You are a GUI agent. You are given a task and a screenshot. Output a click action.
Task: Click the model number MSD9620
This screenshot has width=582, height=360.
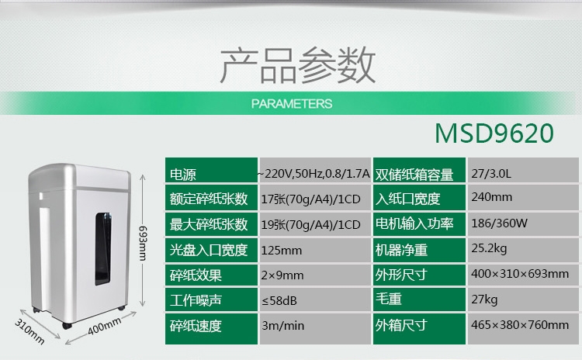point(494,133)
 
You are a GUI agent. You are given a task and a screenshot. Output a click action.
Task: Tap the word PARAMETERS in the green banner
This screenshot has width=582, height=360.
point(292,103)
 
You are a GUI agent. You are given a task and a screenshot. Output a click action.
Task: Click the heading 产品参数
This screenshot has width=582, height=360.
point(298,65)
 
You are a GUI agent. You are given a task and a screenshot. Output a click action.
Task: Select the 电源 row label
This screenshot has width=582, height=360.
point(183,175)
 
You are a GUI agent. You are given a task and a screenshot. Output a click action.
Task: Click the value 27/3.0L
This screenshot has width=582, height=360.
point(491,173)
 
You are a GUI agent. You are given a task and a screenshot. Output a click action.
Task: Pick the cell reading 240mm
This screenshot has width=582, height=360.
point(491,197)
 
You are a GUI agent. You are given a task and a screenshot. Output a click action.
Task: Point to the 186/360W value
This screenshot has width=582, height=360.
point(499,223)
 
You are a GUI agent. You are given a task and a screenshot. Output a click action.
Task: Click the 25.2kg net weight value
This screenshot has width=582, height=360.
point(489,248)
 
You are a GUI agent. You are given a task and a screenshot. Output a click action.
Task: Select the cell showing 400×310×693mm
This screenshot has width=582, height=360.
point(520,274)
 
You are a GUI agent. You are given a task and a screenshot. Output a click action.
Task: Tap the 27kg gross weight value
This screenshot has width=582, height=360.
point(484,299)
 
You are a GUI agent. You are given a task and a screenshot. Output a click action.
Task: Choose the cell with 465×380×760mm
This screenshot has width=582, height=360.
point(520,325)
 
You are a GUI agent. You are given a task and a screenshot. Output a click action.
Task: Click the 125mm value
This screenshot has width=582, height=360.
point(282,251)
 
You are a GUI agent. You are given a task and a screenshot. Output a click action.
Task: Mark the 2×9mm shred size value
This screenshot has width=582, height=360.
point(282,275)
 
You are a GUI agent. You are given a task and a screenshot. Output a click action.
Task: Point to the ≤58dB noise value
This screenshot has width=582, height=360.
point(279,300)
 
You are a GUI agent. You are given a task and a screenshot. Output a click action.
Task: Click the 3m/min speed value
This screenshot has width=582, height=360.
point(282,326)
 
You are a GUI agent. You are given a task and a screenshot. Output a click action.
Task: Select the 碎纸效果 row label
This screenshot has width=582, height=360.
point(196,275)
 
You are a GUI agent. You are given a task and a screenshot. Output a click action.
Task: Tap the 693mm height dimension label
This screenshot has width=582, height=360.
point(144,243)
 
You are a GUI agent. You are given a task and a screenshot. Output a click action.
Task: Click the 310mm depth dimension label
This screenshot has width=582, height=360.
point(29,331)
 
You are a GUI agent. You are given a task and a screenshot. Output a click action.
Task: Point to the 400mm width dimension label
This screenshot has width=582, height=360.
point(104,326)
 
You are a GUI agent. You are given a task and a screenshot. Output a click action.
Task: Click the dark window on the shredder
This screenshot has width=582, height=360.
point(102,248)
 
